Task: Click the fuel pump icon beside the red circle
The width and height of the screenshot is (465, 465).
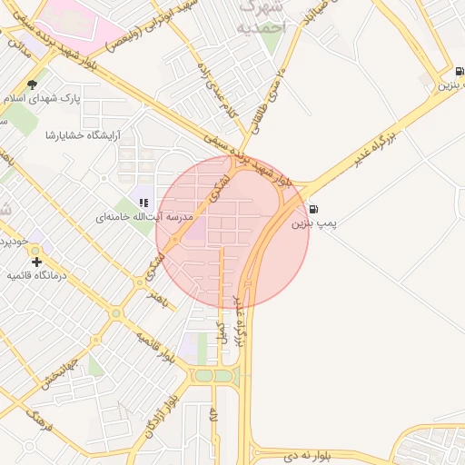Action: point(313,208)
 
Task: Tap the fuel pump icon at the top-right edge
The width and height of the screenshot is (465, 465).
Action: point(459,72)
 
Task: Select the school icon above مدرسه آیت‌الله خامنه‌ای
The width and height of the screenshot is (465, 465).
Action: point(143,202)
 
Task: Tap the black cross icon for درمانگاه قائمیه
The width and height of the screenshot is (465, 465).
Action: point(35,262)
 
